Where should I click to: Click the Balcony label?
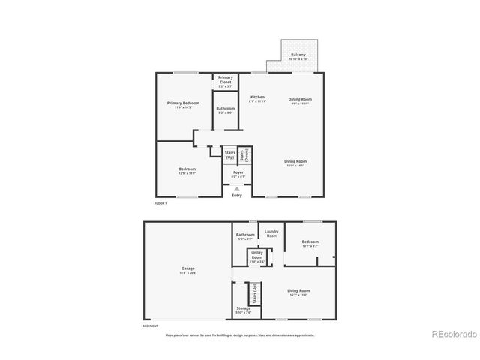tap(298, 55)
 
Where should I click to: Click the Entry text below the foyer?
tap(237, 196)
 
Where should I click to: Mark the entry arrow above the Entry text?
tap(237, 189)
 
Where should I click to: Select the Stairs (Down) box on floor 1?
tap(244, 154)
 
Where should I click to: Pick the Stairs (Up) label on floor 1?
tap(230, 154)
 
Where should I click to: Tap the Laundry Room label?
tap(271, 233)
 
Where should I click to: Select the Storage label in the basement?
tap(243, 307)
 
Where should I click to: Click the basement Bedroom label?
tap(310, 242)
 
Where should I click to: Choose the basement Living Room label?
tap(298, 291)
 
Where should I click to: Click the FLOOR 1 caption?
tap(160, 204)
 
